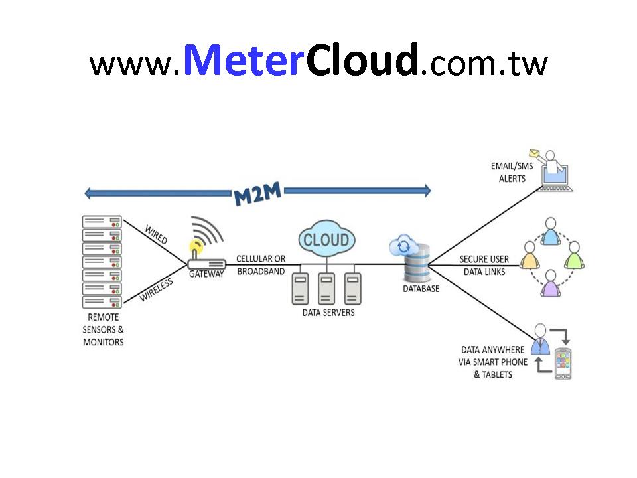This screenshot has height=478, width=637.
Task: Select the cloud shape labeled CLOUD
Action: [x=326, y=240]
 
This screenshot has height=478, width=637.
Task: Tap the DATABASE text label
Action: [x=421, y=289]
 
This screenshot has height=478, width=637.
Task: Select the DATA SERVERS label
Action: [x=328, y=312]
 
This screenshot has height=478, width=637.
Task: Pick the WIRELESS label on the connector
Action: [x=156, y=290]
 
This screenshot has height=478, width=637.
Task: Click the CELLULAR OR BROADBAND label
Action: [x=261, y=265]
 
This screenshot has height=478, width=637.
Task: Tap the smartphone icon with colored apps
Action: [x=563, y=363]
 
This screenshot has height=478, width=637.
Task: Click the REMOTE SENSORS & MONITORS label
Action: [x=103, y=330]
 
